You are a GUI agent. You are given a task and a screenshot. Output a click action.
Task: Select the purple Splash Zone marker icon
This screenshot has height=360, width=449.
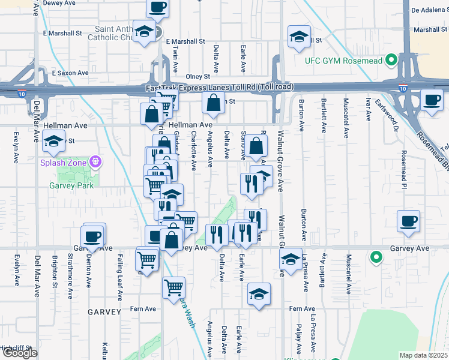[95, 161]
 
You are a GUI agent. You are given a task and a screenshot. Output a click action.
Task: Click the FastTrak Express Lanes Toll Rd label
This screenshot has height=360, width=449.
[220, 88]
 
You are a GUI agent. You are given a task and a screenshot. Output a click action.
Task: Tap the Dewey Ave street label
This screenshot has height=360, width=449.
[59, 3]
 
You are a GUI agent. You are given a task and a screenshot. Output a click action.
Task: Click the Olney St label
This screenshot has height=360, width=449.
[197, 77]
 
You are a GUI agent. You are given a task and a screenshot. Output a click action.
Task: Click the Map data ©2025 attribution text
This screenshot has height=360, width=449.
[423, 355]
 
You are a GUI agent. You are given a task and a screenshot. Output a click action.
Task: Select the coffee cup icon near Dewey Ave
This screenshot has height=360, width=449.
[157, 8]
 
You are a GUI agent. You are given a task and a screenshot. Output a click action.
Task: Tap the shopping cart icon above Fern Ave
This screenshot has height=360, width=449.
[173, 287]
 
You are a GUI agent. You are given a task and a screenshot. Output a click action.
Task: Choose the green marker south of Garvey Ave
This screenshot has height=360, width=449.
[376, 258]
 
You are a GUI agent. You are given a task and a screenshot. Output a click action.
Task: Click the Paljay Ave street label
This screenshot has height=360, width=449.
[298, 340]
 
